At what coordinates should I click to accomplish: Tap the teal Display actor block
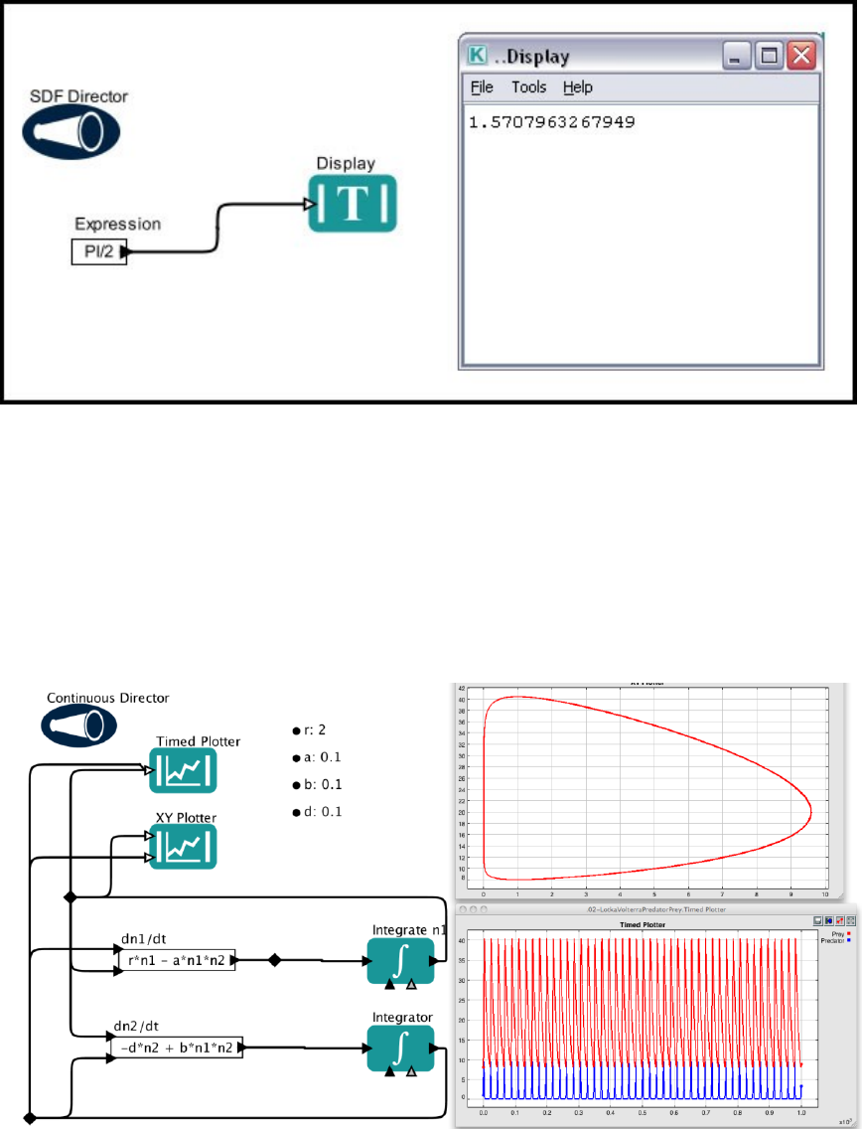pos(352,204)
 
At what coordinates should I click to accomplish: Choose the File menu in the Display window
pos(482,87)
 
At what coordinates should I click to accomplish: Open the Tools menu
pos(528,87)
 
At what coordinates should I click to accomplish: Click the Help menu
pos(577,87)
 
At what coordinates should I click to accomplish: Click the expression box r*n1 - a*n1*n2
pos(176,960)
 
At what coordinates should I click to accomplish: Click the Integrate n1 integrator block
pos(399,962)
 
